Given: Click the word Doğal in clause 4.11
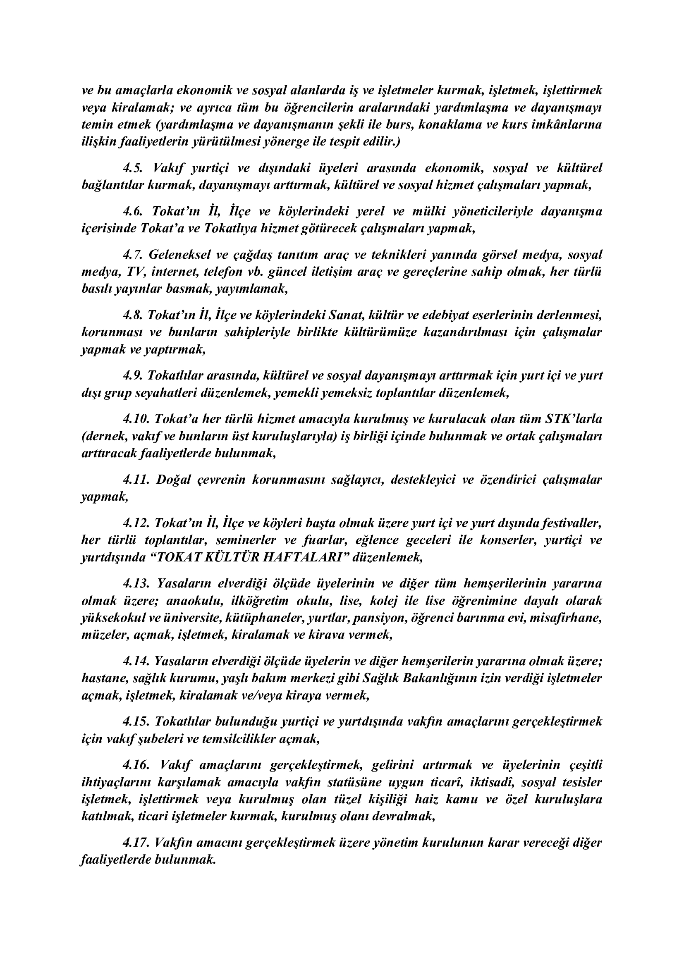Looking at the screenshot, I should (x=173, y=480).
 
